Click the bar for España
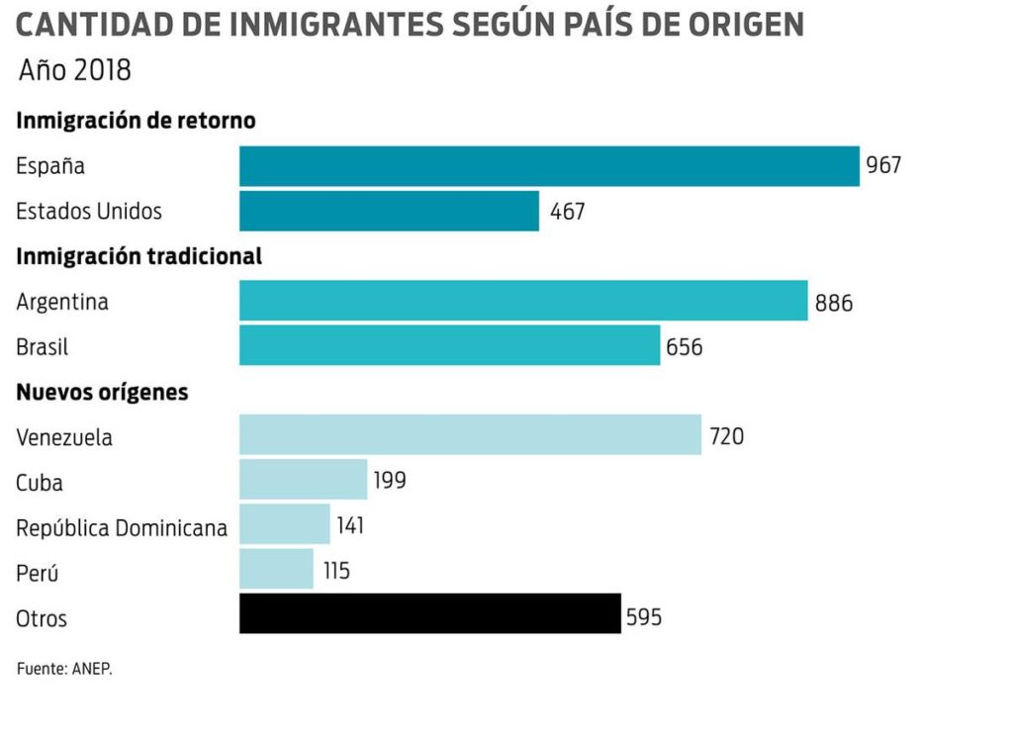coord(549,166)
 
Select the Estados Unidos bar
coord(389,211)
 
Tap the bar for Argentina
coord(523,301)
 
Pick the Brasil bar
coord(449,346)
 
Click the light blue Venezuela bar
coord(470,435)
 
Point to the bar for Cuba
coord(303,480)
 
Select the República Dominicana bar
coord(284,524)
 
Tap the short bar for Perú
coord(276,570)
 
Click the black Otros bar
coord(429,613)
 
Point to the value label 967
coord(883,165)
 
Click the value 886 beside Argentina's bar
coord(834,303)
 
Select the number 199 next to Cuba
coord(390,481)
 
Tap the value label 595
coord(643,618)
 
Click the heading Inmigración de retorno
coord(136,121)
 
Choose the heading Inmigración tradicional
coord(138,256)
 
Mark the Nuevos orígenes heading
coord(102,392)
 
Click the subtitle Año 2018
coord(75,71)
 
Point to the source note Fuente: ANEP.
coord(64,669)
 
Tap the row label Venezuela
coord(64,437)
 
